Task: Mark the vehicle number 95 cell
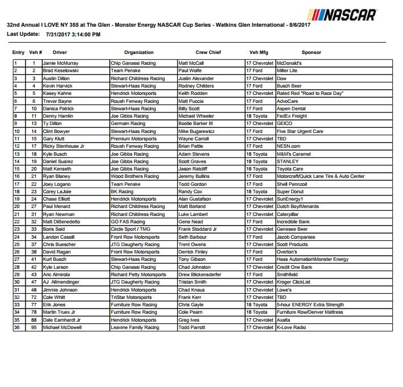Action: coord(34,327)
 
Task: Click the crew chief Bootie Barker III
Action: coord(195,123)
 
